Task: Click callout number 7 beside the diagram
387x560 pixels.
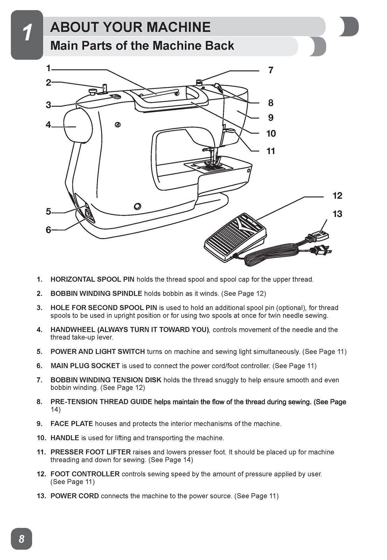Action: (270, 70)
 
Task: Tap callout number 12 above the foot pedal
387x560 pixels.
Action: (337, 196)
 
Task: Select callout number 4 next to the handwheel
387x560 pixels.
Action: (48, 125)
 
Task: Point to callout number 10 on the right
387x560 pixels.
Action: (271, 134)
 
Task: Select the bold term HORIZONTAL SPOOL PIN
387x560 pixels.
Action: (92, 280)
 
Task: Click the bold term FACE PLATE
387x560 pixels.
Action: (72, 424)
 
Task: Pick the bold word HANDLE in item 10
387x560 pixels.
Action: (65, 438)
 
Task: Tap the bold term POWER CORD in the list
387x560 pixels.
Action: (75, 496)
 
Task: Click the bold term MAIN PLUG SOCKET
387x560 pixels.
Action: (85, 366)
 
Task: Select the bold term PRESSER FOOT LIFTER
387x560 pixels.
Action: (91, 452)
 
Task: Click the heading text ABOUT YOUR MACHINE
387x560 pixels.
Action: (130, 27)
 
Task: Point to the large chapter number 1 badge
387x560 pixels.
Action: (27, 34)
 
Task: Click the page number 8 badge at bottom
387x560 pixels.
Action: (21, 539)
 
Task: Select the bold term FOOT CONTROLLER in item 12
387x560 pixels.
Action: (85, 474)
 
